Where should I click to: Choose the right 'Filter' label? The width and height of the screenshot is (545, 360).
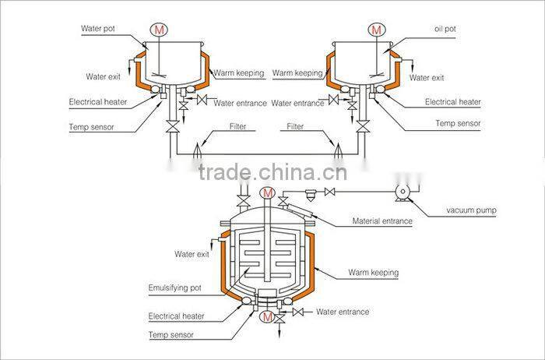(x=295, y=126)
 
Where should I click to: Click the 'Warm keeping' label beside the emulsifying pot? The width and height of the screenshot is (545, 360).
(x=374, y=273)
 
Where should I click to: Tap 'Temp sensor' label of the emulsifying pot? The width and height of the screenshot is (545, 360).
(x=171, y=335)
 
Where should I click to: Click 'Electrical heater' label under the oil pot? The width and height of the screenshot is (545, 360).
(x=452, y=102)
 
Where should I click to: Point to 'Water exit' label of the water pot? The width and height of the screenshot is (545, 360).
(x=103, y=76)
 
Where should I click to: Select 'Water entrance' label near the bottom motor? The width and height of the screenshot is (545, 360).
(x=343, y=312)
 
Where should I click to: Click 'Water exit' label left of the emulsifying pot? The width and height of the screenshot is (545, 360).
(x=192, y=254)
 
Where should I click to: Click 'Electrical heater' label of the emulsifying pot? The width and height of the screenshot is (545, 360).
(x=176, y=316)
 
